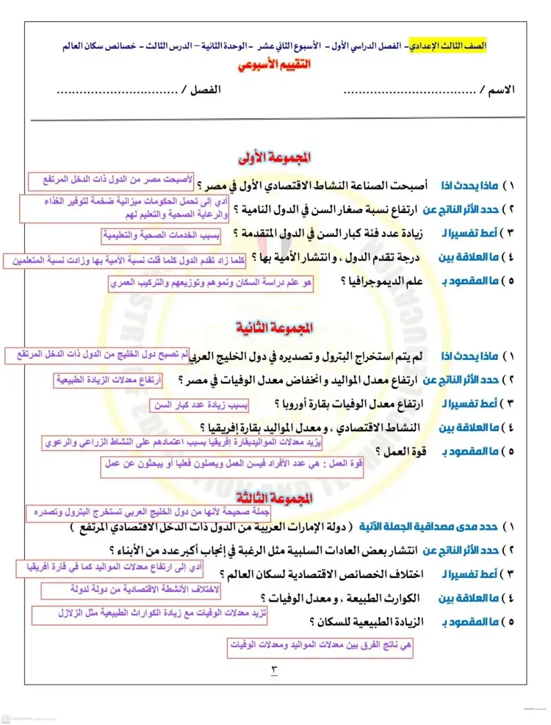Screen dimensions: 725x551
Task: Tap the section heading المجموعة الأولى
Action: tap(275, 157)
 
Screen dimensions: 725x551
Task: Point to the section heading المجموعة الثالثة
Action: tap(275, 499)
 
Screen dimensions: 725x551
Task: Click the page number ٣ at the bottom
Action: tap(275, 669)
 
